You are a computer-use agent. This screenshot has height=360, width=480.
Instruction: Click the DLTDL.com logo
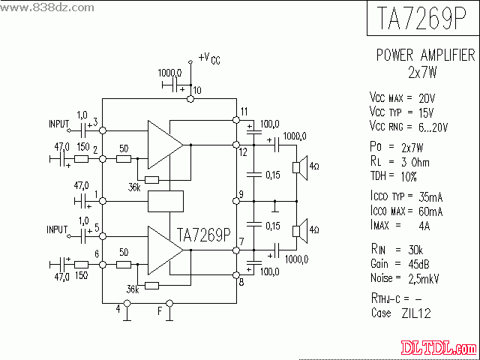tap(439, 348)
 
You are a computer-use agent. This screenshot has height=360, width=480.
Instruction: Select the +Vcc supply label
tap(209, 58)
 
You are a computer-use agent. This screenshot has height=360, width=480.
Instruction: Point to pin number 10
tap(196, 91)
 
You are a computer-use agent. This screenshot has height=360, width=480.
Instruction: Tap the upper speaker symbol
tap(298, 166)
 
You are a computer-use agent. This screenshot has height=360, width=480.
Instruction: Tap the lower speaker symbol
tap(298, 229)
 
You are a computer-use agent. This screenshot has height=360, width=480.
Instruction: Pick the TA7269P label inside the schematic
tap(204, 235)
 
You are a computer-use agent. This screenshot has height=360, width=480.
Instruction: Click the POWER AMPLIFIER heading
tap(424, 55)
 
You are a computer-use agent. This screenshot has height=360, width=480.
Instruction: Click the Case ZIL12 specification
tap(400, 312)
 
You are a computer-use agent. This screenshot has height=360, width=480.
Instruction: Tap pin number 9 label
tap(240, 195)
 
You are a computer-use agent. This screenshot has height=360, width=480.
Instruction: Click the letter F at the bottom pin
tap(159, 308)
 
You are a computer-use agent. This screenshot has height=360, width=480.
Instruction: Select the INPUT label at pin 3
tap(58, 124)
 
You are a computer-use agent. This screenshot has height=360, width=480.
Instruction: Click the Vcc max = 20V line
tap(402, 98)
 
